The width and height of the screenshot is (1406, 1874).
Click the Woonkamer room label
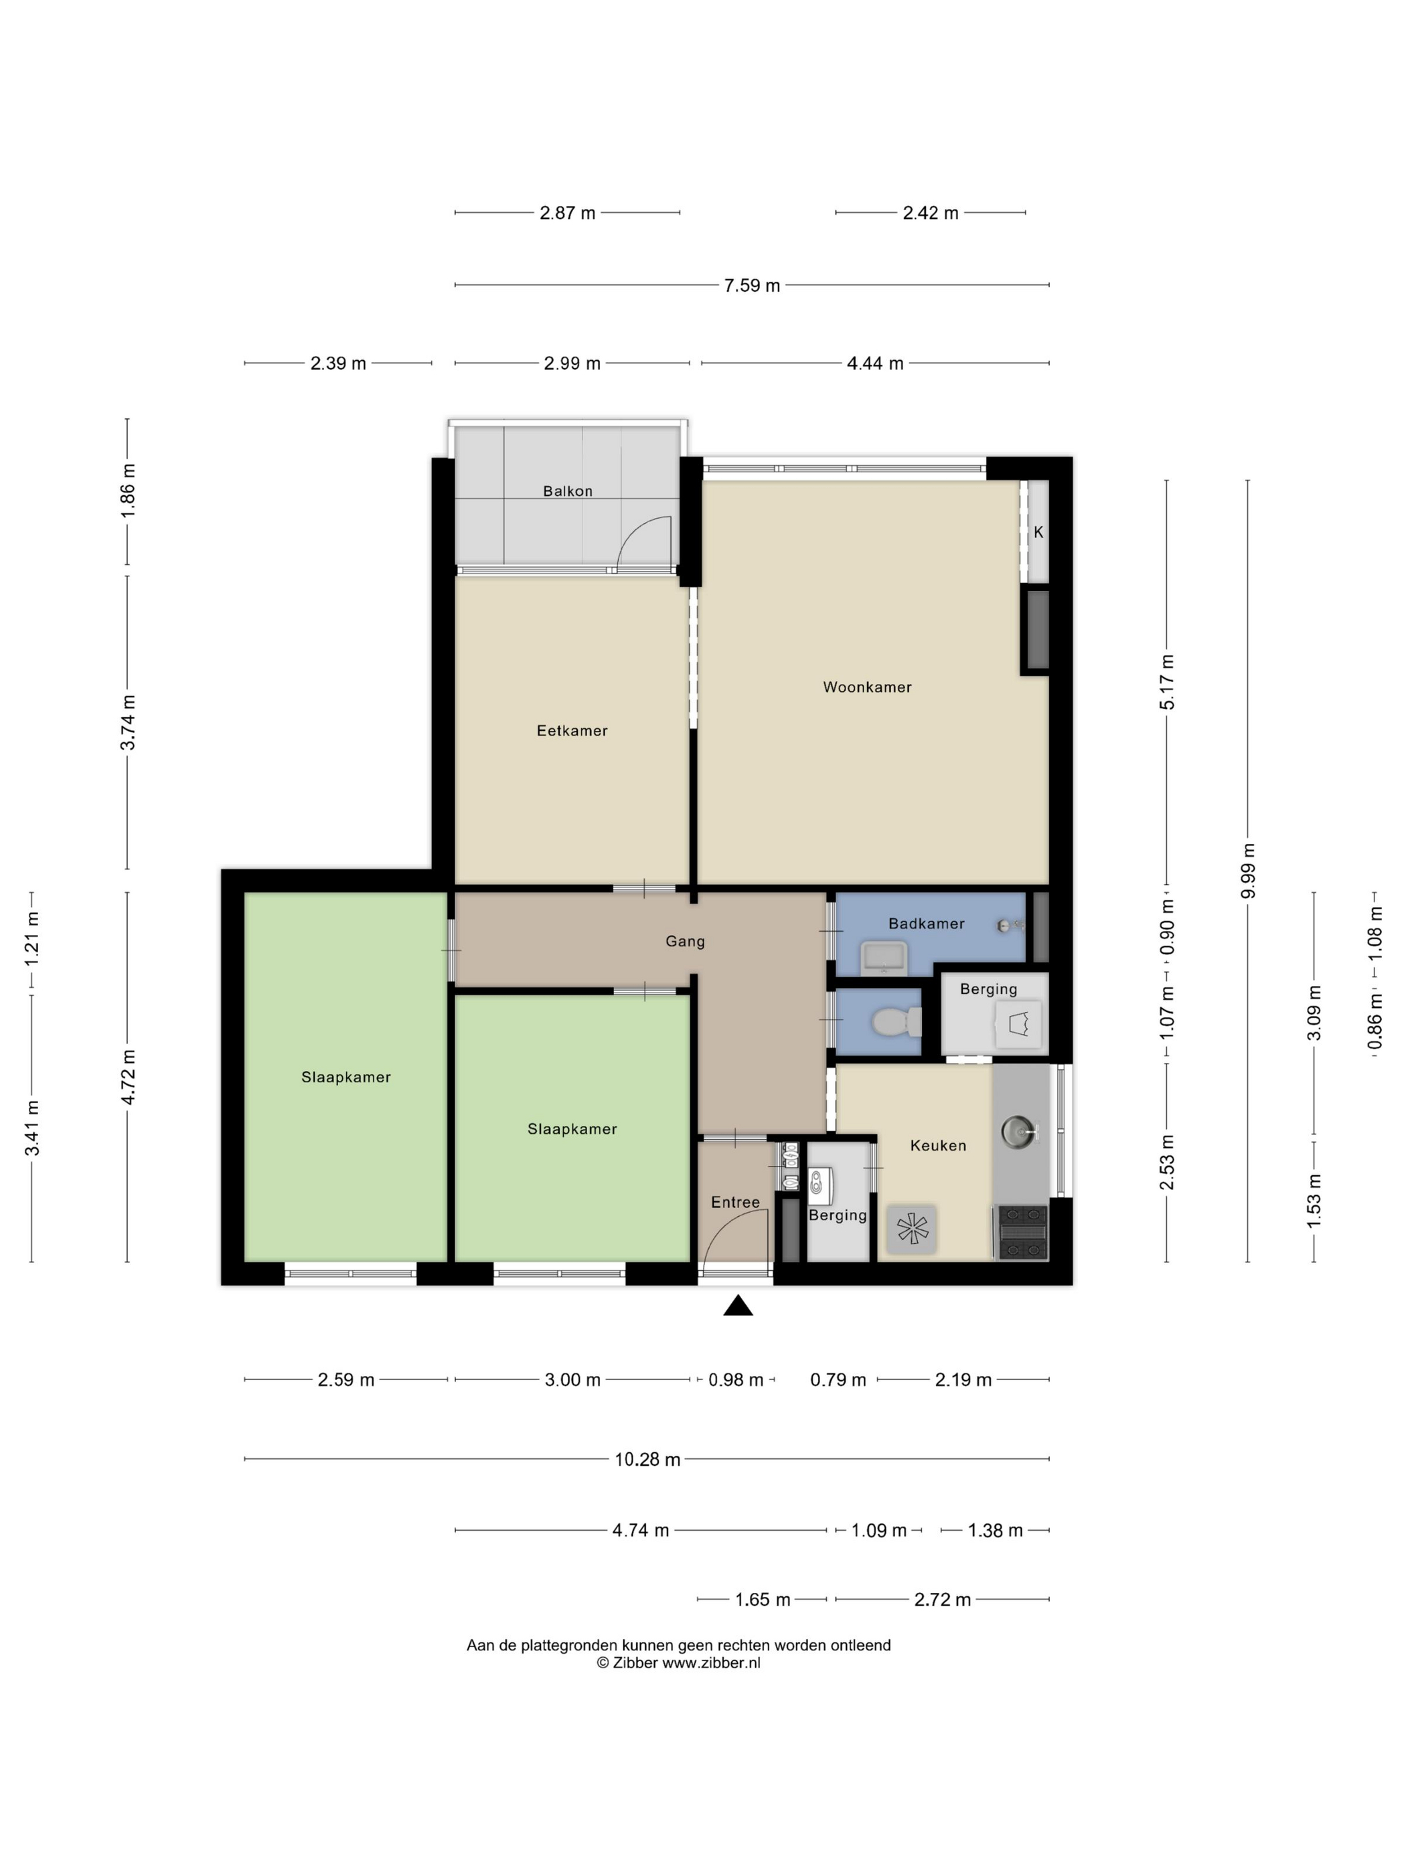(x=867, y=687)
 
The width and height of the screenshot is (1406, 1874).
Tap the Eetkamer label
(x=572, y=730)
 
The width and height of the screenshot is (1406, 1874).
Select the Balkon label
(x=568, y=491)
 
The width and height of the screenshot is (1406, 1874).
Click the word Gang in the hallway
(x=685, y=940)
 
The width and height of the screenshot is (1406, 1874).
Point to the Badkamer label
(x=927, y=924)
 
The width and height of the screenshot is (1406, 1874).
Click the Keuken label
(x=938, y=1145)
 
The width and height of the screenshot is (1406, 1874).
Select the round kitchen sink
(x=1018, y=1130)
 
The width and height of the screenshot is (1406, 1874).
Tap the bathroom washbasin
(x=884, y=958)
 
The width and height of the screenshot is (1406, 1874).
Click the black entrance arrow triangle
(x=738, y=1306)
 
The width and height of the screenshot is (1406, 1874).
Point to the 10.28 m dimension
(x=647, y=1459)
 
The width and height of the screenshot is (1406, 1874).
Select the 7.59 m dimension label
(x=752, y=286)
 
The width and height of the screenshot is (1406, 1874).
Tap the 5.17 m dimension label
(x=1167, y=682)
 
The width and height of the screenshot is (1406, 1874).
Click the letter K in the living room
(x=1038, y=533)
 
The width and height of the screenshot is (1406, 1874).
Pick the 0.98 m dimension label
(x=736, y=1380)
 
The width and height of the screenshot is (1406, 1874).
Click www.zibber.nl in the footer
(x=711, y=1663)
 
